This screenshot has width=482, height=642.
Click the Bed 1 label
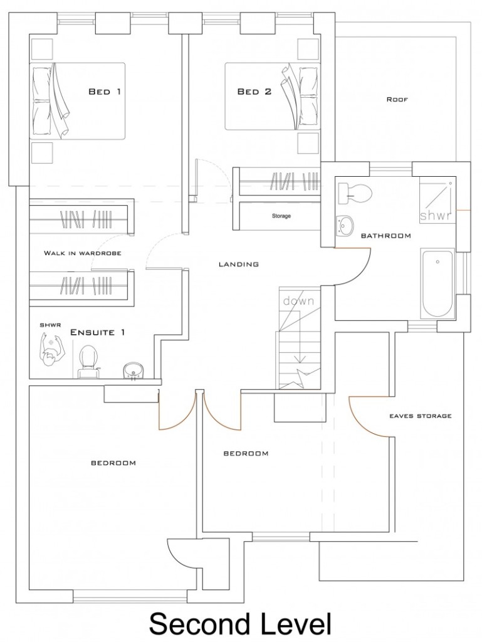(x=105, y=92)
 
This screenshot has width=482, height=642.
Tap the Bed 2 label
(x=254, y=92)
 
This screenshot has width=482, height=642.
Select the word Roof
(x=397, y=99)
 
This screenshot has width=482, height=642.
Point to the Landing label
(x=239, y=264)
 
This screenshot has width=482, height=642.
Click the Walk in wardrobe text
(x=82, y=253)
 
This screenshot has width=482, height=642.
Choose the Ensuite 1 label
(x=98, y=332)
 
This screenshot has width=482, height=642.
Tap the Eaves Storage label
(x=420, y=416)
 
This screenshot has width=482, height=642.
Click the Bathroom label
(x=386, y=236)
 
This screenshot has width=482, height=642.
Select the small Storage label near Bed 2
(x=281, y=216)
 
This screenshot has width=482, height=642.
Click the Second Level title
(x=240, y=624)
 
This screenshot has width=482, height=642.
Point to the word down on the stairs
(x=298, y=301)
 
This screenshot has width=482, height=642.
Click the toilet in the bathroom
(x=355, y=192)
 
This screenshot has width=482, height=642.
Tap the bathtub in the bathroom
(x=437, y=284)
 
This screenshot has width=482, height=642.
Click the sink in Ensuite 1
(x=133, y=370)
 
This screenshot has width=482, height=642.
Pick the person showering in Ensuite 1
(x=50, y=352)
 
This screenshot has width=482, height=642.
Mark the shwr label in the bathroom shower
(x=436, y=215)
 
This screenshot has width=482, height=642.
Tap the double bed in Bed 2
(x=272, y=96)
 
